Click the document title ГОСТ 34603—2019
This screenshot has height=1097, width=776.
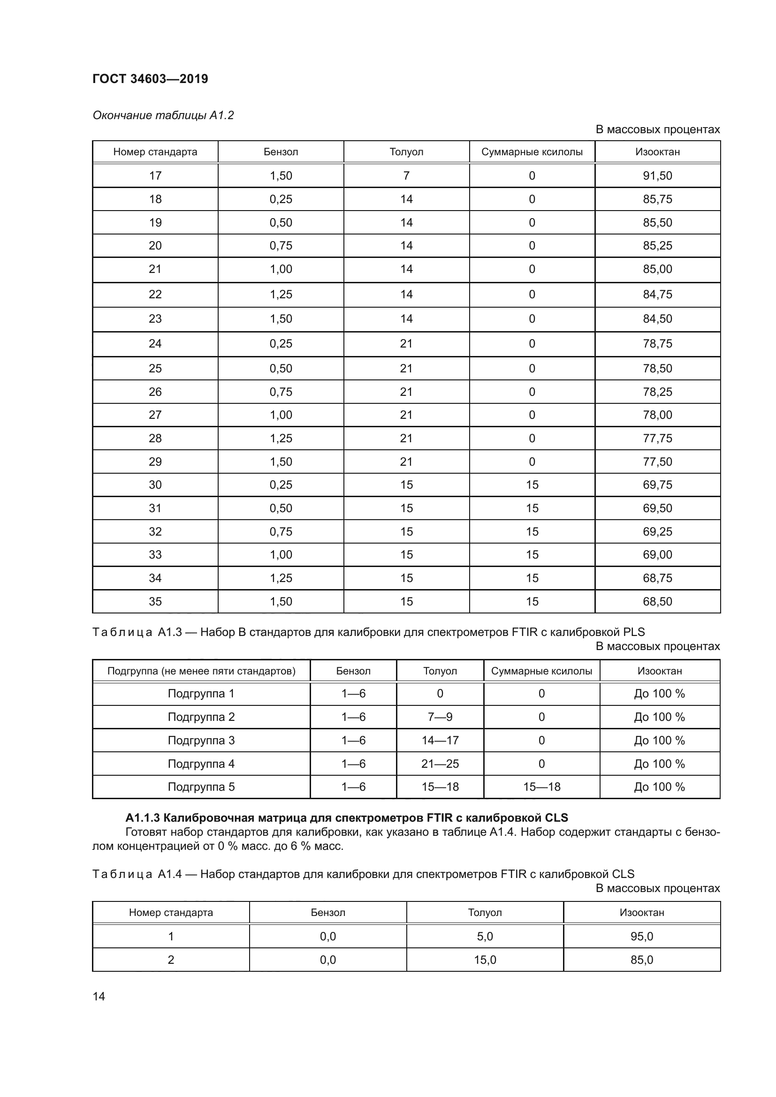point(150,79)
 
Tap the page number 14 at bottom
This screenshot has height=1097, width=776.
point(99,996)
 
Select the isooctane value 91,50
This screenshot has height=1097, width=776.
point(657,175)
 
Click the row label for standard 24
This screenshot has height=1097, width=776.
point(155,343)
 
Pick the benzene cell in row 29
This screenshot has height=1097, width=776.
point(281,461)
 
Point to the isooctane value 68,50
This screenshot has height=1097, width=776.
point(657,601)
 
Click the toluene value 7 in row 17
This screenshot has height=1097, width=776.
point(406,175)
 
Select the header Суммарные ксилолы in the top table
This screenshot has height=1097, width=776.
point(532,152)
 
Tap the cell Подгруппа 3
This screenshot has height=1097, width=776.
point(201,740)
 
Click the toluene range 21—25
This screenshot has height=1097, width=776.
point(440,764)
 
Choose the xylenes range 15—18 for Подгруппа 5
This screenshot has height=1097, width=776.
point(541,787)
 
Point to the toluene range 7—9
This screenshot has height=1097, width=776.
point(440,717)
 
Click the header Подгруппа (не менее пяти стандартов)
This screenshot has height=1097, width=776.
point(201,671)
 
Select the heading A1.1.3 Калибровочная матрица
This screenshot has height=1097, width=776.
point(346,817)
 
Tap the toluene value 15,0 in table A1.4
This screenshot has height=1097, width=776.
point(485,960)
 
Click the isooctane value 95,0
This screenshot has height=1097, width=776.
point(641,937)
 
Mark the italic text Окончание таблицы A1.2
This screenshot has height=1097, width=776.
point(163,115)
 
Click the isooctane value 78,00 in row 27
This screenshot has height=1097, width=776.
point(657,415)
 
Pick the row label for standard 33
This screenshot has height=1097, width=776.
point(155,554)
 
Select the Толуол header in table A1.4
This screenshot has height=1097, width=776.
point(485,913)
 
